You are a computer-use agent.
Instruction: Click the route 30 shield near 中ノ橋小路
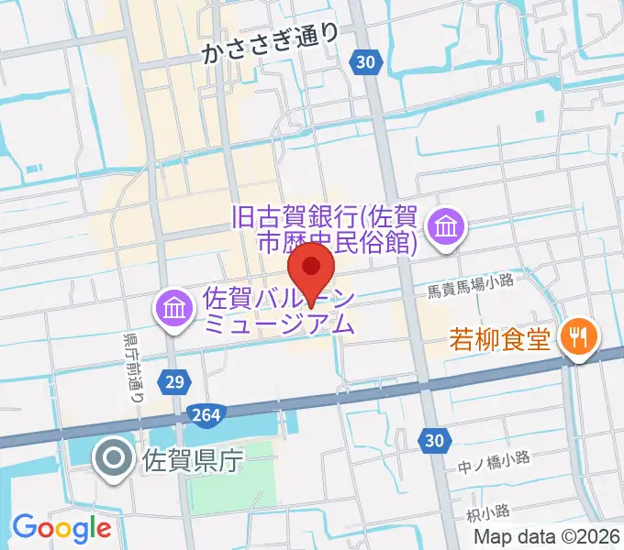[x=435, y=442]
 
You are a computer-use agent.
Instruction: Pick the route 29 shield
[x=179, y=379]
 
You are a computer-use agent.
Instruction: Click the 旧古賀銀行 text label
[x=327, y=230]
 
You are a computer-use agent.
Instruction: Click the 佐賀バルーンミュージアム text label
[x=277, y=311]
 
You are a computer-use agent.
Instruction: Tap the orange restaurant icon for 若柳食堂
[x=579, y=338]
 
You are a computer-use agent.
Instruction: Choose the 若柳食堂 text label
[x=500, y=339]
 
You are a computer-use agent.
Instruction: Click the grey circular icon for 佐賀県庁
[x=116, y=458]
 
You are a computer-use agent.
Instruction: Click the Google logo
[x=61, y=528]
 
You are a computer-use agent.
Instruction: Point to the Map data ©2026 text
[x=548, y=538]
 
